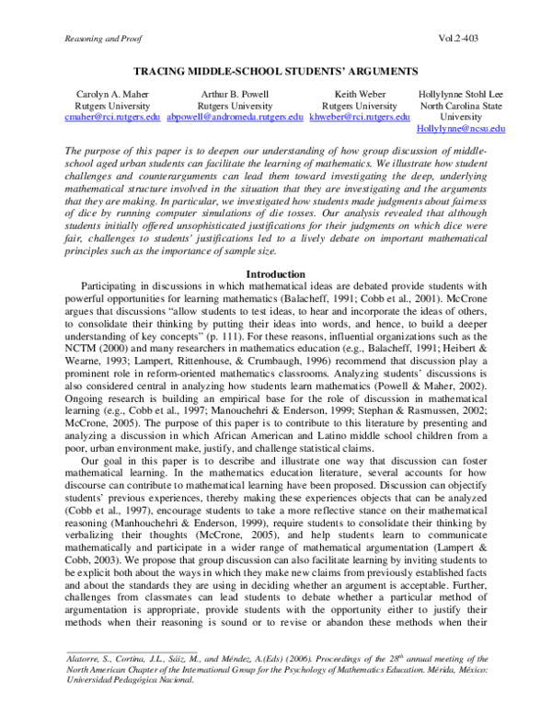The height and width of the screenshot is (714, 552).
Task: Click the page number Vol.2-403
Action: (x=460, y=38)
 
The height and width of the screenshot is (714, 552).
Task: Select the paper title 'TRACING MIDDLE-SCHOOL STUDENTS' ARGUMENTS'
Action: (x=277, y=71)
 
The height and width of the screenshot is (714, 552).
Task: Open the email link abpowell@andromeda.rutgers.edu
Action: (x=236, y=118)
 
